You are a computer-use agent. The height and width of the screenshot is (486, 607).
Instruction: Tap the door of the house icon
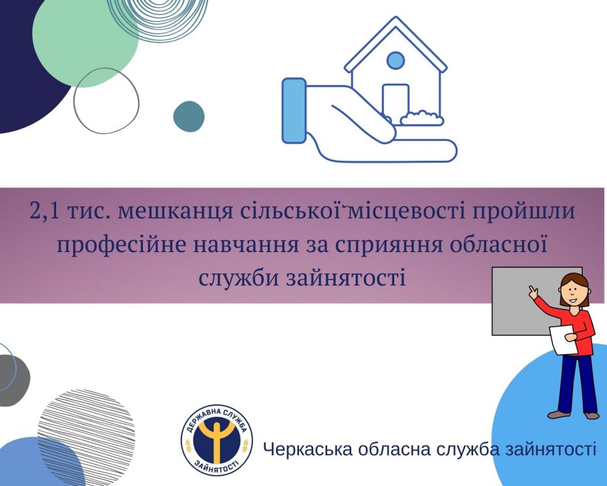click(396, 102)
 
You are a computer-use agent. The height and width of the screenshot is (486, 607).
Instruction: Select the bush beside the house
click(421, 118)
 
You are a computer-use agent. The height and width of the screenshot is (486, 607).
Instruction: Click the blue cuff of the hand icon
click(294, 110)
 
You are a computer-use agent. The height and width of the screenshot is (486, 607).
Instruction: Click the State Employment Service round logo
click(217, 442)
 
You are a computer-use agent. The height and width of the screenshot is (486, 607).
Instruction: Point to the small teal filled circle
click(189, 116)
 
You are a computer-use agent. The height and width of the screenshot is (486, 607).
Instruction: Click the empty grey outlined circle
click(106, 101)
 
